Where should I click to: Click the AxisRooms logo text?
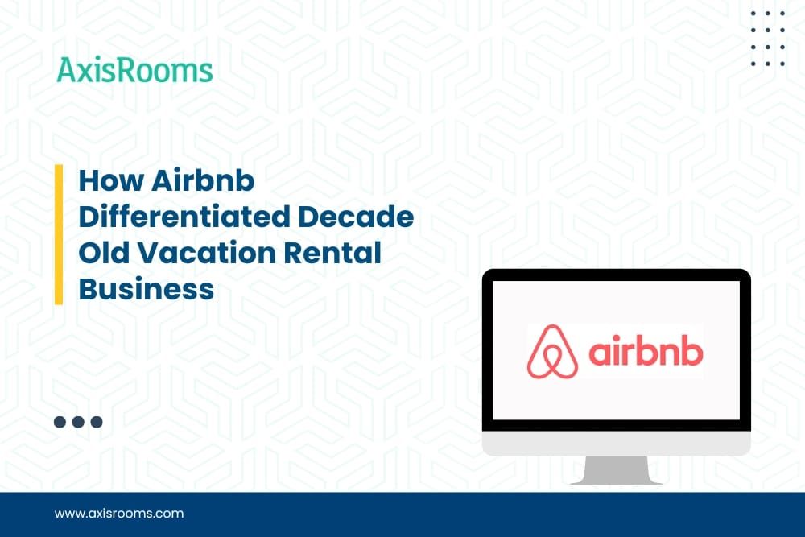[x=134, y=70]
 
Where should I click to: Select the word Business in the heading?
[x=146, y=288]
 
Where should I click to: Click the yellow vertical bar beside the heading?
[x=59, y=234]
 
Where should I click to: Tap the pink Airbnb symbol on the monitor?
[x=552, y=352]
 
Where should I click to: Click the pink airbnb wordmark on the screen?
[x=646, y=353]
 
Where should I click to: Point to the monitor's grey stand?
[x=616, y=470]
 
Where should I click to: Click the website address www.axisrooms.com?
[x=118, y=513]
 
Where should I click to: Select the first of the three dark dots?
[x=60, y=421]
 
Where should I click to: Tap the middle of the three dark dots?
[x=78, y=421]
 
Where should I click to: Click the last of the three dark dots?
[x=97, y=421]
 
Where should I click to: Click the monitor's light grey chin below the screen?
[x=616, y=443]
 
